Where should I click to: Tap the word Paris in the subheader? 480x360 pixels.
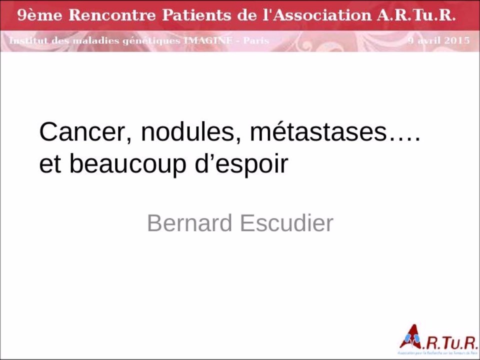click(x=256, y=40)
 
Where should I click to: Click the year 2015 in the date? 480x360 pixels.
click(x=456, y=40)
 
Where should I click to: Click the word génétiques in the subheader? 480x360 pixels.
click(x=153, y=40)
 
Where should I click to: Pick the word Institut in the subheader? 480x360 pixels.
click(x=28, y=40)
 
